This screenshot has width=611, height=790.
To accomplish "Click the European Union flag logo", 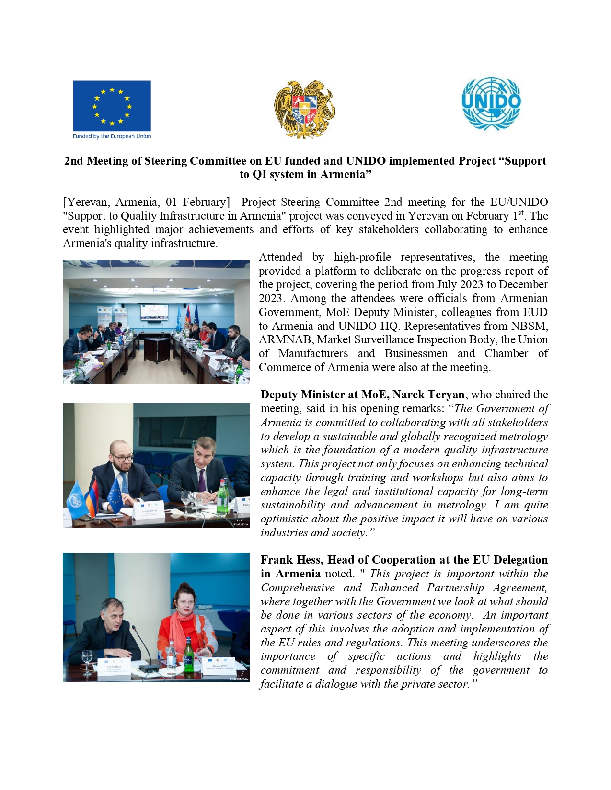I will point(112,105).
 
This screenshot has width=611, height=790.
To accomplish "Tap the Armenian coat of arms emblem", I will point(304,109).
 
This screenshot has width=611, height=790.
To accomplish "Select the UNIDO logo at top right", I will point(491,103).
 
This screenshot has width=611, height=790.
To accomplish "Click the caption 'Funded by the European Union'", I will point(112,136).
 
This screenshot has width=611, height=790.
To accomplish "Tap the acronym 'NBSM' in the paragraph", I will point(530,326).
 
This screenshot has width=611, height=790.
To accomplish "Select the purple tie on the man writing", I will point(202,480).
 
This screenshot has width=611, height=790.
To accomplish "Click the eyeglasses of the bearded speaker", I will point(123,458).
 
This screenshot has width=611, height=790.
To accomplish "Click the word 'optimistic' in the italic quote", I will point(284,519).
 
